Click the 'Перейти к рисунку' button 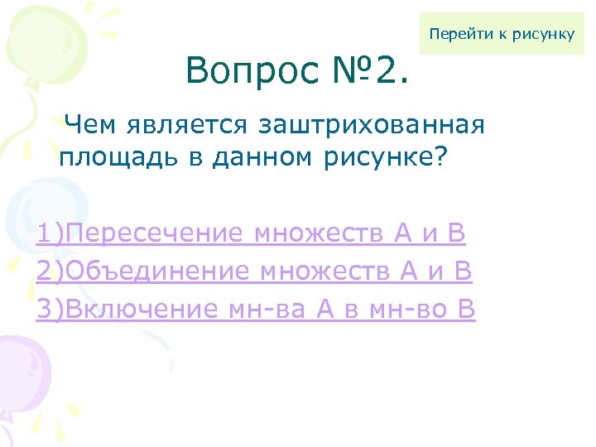[502, 34]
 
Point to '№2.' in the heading [376, 71]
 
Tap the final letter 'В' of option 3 [466, 309]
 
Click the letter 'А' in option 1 [403, 235]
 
